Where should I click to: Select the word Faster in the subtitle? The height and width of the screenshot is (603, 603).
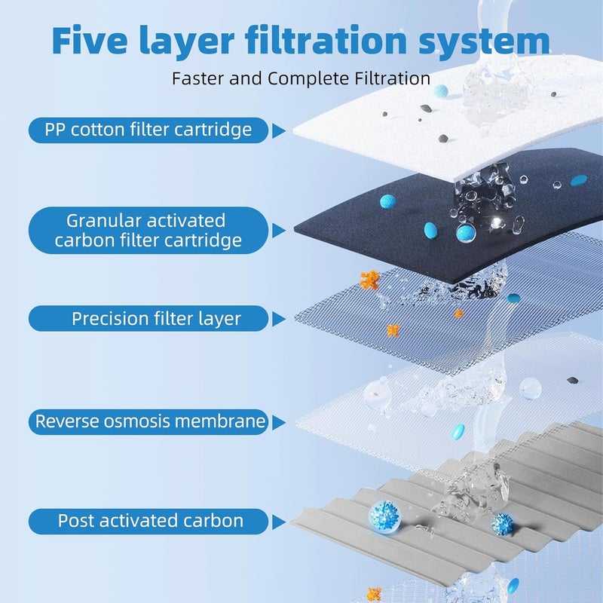(x=198, y=78)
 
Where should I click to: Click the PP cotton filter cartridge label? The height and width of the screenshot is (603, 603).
(x=148, y=130)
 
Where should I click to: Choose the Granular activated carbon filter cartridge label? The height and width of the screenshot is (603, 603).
(x=148, y=231)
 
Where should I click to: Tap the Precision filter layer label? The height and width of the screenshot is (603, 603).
(x=148, y=318)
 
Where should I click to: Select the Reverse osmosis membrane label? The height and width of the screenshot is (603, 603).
(x=148, y=421)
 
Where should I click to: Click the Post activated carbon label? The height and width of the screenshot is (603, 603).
(x=148, y=520)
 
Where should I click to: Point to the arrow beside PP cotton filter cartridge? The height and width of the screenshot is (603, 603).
(x=278, y=130)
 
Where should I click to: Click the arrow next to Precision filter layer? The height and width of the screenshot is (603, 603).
(x=278, y=319)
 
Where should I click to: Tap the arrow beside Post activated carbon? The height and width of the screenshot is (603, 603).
(x=278, y=521)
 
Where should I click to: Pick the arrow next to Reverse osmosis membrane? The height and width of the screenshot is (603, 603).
(x=278, y=421)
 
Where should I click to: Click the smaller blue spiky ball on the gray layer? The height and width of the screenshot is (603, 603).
(x=501, y=522)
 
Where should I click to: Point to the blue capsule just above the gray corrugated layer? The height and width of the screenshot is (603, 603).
(x=458, y=432)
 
